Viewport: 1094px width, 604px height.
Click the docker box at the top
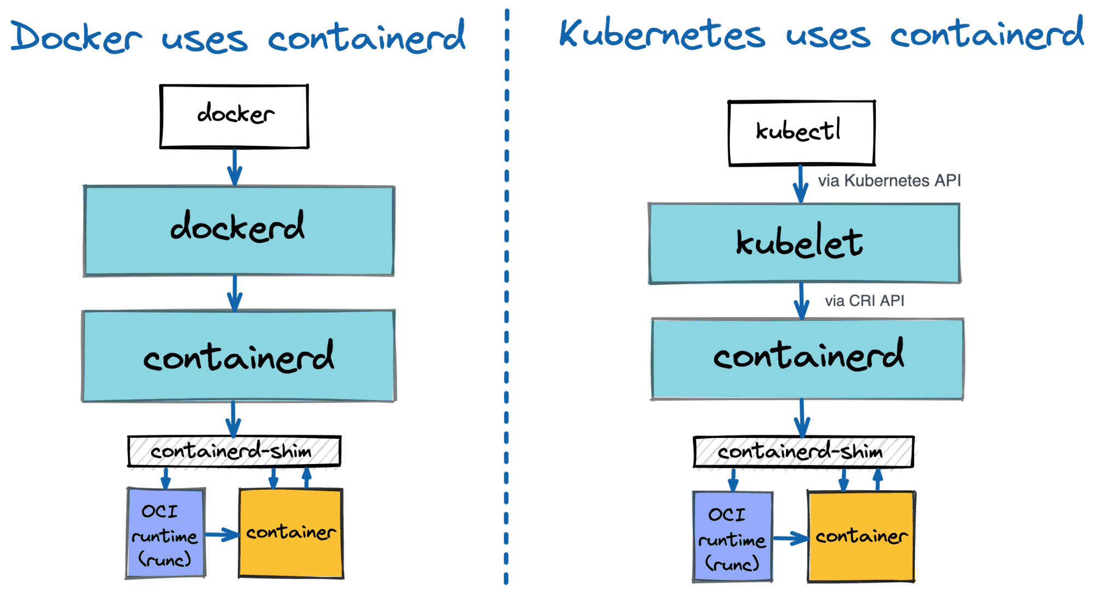coord(234,116)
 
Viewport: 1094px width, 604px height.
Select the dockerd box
coord(238,231)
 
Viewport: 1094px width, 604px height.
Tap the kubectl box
coord(801,133)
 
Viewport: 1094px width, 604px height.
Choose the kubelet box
coord(804,243)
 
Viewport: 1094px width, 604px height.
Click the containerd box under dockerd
coord(238,356)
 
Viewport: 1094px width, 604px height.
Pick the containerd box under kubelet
coord(807,359)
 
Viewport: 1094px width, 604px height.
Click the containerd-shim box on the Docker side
coord(234,451)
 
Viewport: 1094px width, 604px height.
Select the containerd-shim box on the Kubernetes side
coord(804,452)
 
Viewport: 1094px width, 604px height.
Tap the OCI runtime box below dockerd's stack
coord(166,533)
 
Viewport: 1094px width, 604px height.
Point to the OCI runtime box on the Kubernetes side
coord(732,536)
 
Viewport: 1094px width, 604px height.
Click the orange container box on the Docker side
coord(291,533)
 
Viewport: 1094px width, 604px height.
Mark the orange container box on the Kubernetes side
coord(861,536)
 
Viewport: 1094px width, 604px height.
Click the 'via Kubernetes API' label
coord(889,180)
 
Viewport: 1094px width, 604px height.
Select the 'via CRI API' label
coord(864,301)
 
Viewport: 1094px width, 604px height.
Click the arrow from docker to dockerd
coord(235,167)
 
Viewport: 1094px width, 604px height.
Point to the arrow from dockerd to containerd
coord(235,294)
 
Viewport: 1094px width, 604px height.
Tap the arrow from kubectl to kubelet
coord(801,184)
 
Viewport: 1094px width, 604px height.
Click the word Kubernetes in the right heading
coord(662,33)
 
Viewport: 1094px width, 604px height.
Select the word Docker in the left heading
coord(76,37)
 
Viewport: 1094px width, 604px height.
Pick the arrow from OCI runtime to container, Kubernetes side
coord(790,538)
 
